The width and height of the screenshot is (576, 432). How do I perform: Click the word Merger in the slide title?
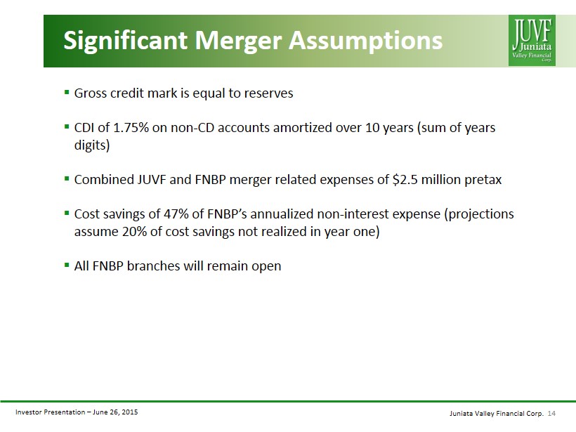(238, 41)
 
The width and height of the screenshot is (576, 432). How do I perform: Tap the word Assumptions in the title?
(365, 41)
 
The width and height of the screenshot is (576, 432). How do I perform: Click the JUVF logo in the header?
(532, 41)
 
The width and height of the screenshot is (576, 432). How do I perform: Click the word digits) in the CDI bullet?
(92, 145)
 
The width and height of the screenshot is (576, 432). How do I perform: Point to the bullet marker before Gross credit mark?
(67, 92)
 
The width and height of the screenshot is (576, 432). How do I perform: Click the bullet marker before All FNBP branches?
(67, 265)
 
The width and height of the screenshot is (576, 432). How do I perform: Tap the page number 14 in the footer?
(551, 414)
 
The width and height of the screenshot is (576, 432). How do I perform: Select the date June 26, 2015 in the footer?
(115, 412)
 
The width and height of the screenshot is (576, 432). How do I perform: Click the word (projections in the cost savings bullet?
(478, 214)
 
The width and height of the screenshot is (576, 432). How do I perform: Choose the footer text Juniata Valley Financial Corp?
(497, 414)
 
